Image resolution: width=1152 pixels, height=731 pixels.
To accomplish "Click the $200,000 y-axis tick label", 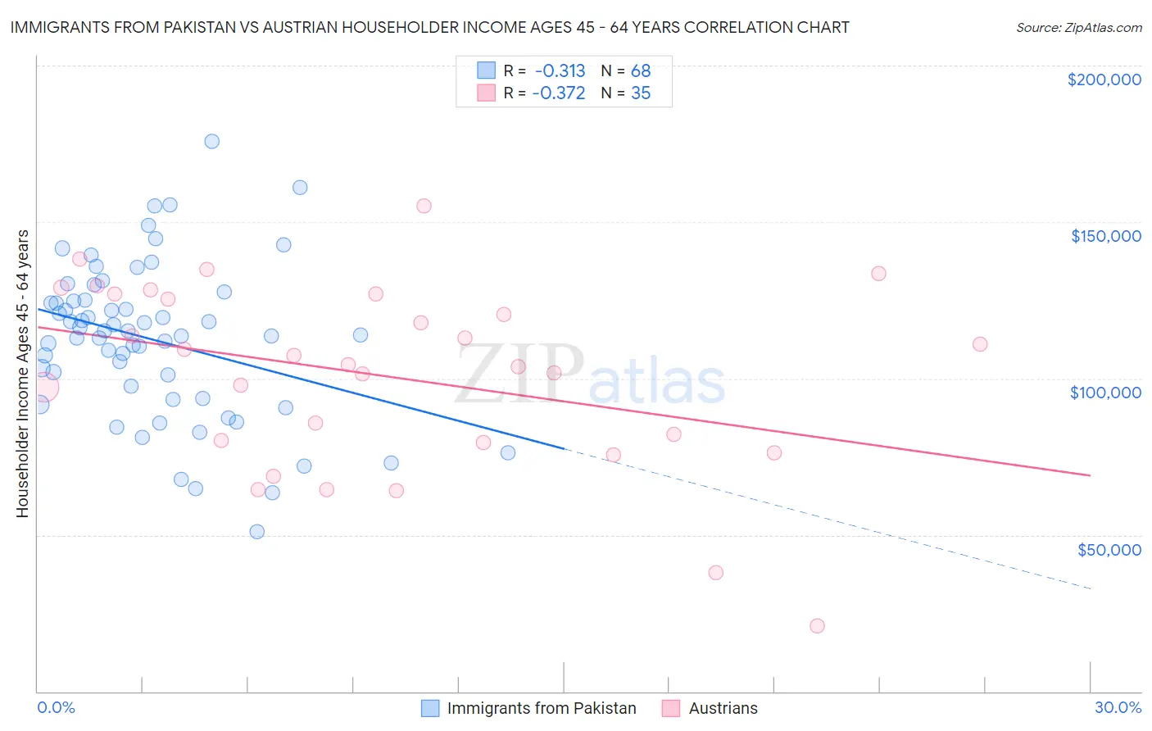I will (x=1104, y=79).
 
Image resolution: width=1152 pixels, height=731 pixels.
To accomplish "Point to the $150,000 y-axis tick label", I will (x=1105, y=236).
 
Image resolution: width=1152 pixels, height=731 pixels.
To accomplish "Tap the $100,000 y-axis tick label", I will (x=1105, y=393).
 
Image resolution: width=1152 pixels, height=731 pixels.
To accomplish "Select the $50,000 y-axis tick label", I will (x=1109, y=550).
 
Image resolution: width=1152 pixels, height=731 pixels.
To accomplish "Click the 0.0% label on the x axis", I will (x=56, y=707).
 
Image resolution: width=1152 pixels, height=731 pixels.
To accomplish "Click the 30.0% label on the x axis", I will (x=1118, y=707).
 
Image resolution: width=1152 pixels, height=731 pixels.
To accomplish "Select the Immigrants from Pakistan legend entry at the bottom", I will (x=541, y=708).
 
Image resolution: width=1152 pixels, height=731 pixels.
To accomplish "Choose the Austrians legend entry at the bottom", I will (x=723, y=708).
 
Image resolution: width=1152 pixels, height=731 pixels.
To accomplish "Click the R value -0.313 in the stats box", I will (x=560, y=71).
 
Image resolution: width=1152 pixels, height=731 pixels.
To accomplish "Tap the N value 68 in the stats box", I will (x=641, y=71).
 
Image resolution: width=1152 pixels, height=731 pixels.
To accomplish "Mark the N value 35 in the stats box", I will (x=641, y=93).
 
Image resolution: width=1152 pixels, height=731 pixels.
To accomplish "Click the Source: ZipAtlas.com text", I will (x=1078, y=28).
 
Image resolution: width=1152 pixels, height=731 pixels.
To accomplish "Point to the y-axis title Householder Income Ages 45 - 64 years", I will (x=23, y=374).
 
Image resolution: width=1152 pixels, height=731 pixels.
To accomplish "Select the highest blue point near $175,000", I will (x=211, y=141).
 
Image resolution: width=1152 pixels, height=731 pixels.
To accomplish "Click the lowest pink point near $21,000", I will (x=817, y=626).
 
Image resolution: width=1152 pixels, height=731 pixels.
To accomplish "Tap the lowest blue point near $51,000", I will (x=256, y=532).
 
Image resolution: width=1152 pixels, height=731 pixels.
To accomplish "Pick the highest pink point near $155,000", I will (x=424, y=206).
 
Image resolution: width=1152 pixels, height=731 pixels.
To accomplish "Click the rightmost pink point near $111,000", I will (x=980, y=344).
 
